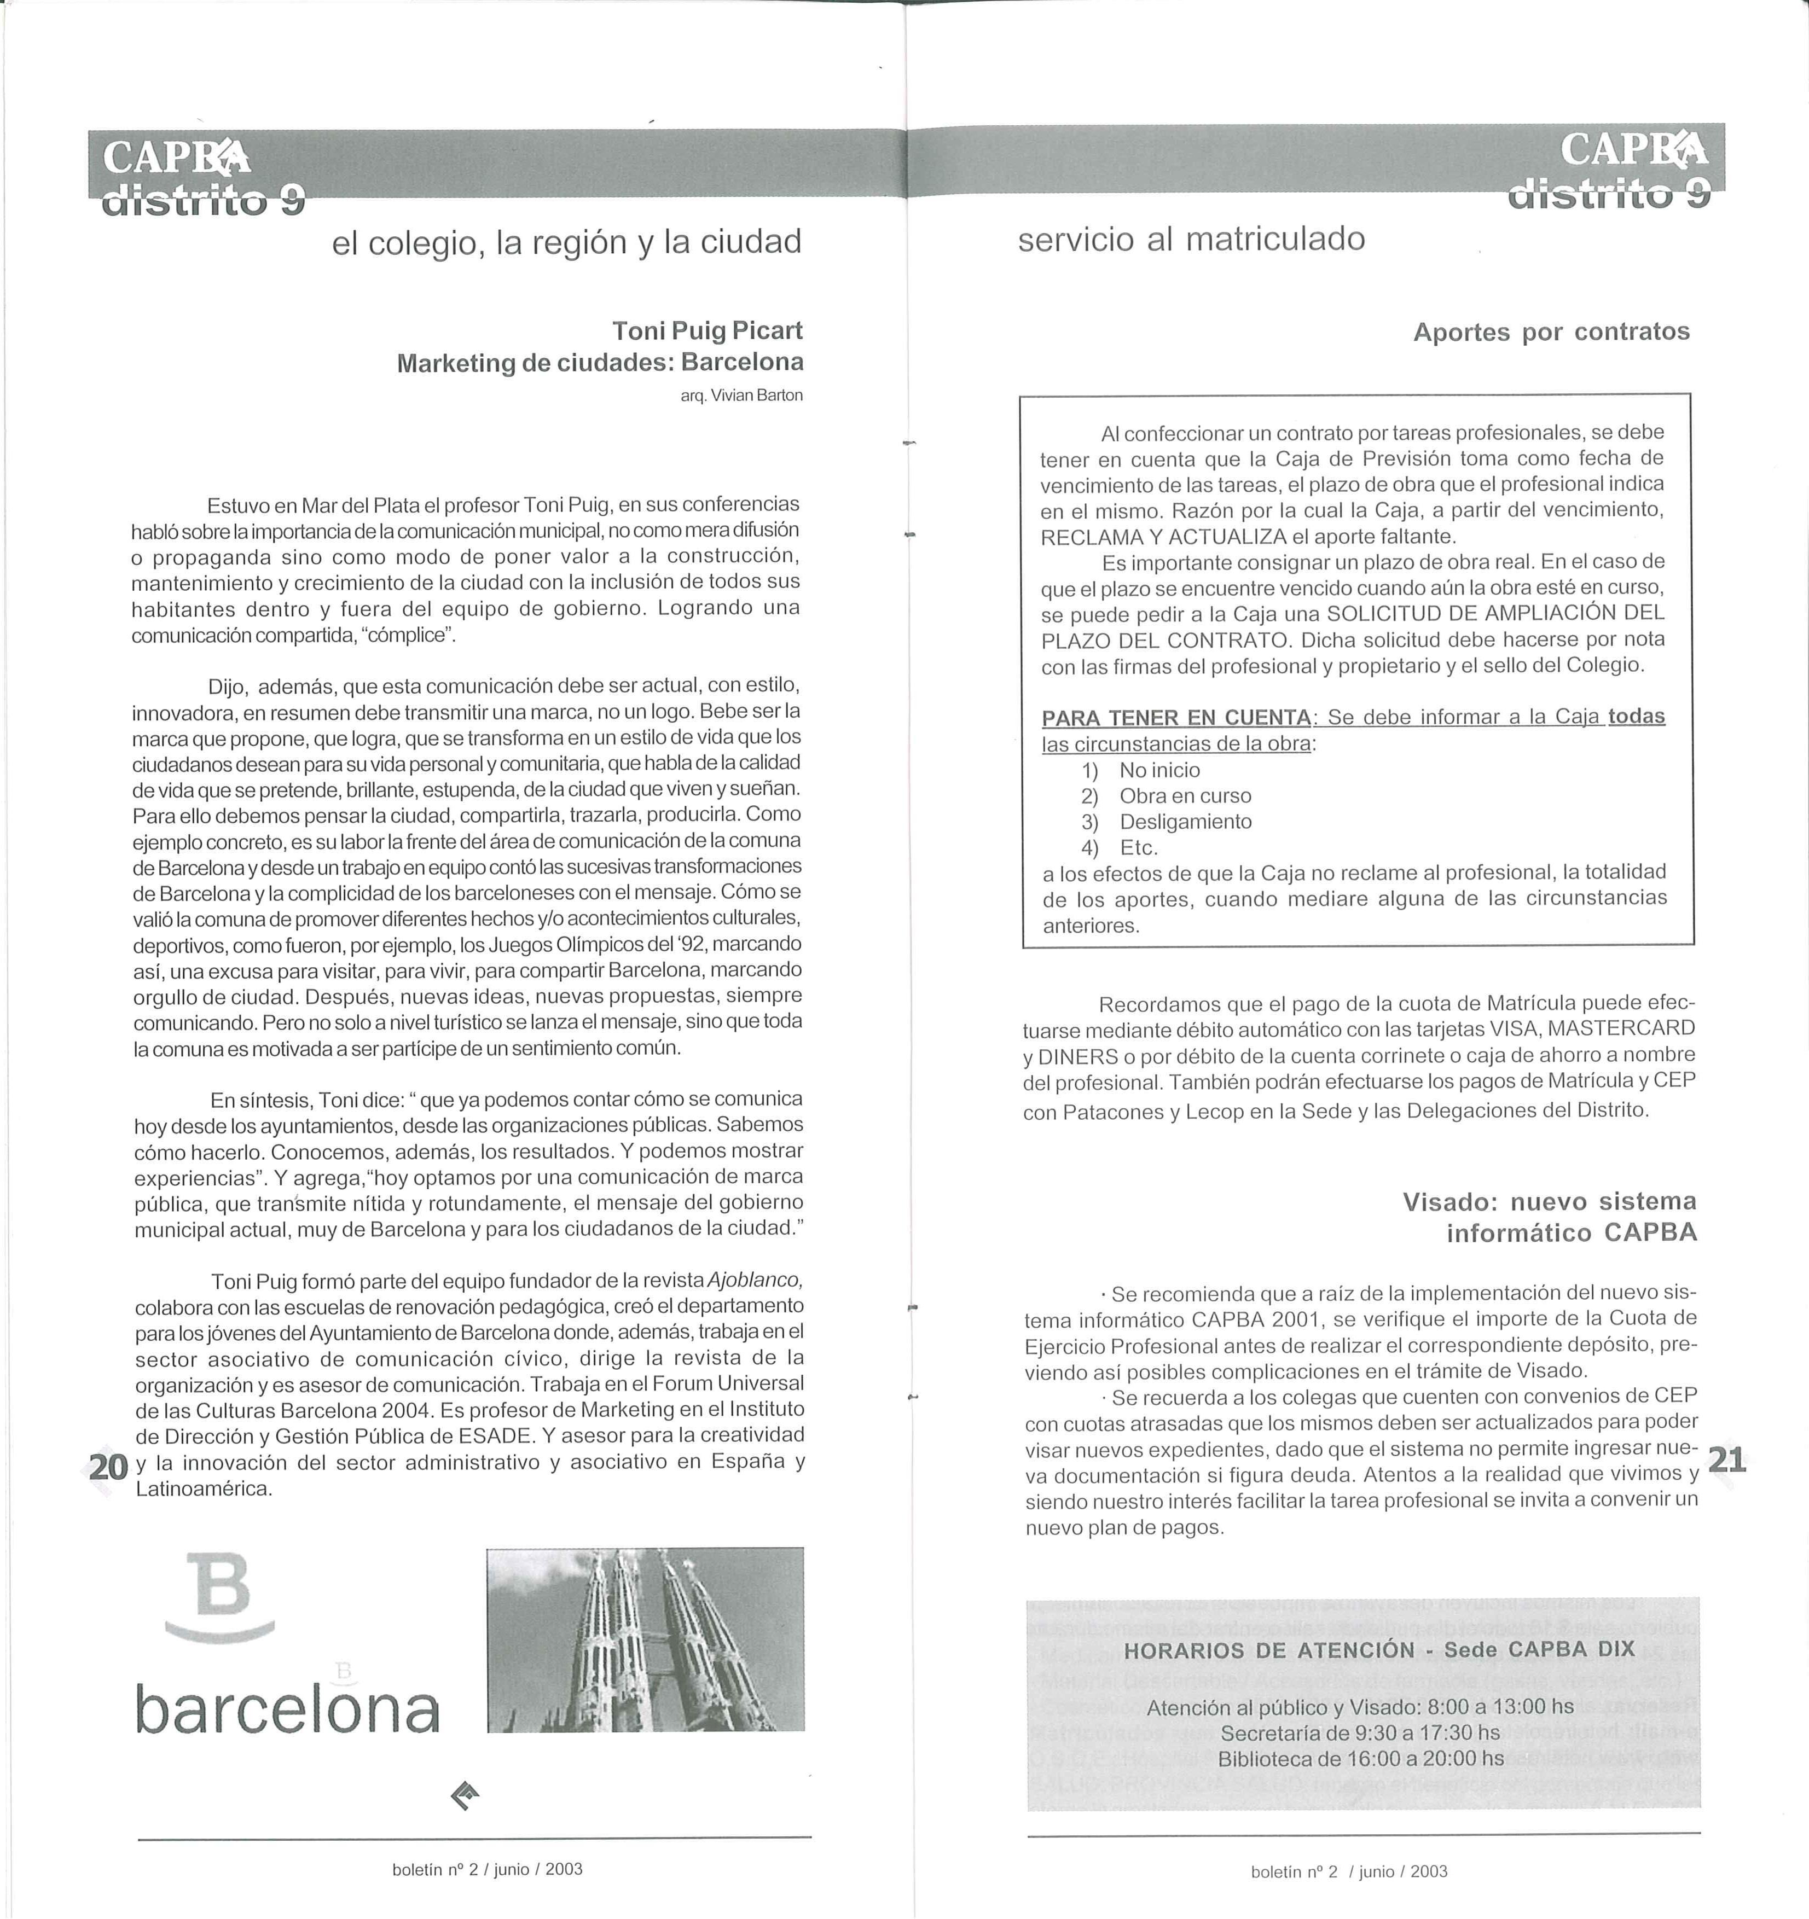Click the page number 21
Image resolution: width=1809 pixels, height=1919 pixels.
(x=1727, y=1459)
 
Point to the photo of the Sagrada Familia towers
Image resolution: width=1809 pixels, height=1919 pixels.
(x=645, y=1640)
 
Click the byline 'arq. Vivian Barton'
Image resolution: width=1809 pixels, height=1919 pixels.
(x=741, y=396)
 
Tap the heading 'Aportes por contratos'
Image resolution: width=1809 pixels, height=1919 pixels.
(x=1551, y=332)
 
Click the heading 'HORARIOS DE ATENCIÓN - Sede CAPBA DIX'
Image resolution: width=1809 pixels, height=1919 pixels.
(x=1379, y=1650)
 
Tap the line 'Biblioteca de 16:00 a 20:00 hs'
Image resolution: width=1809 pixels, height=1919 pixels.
(x=1360, y=1759)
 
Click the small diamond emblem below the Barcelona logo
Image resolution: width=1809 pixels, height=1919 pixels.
(x=465, y=1795)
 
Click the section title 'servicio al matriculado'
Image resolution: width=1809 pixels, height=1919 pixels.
(x=1191, y=239)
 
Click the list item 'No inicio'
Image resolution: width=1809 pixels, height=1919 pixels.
(x=1159, y=770)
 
